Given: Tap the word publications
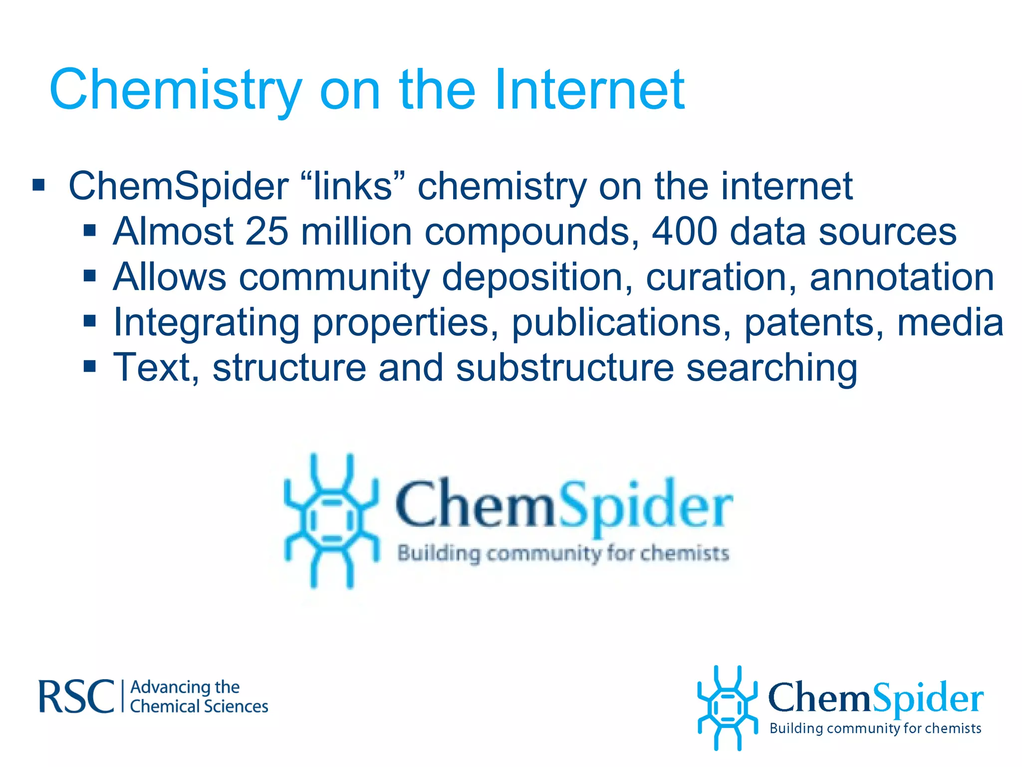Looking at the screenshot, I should click(621, 323).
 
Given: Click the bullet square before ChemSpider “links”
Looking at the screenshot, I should click(38, 186).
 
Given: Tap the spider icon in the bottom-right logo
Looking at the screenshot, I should click(727, 708).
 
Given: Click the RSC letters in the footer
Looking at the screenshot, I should click(76, 697).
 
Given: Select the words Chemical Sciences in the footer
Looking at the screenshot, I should click(199, 707).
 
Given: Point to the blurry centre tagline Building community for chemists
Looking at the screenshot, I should click(563, 554).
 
